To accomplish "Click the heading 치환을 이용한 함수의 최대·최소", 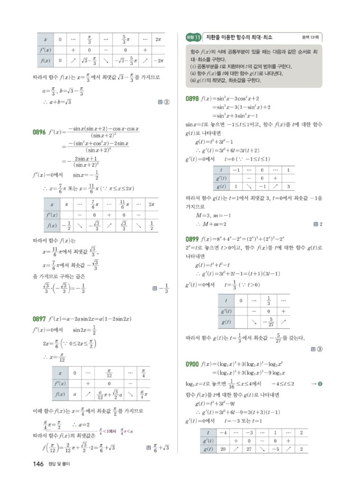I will [240, 37].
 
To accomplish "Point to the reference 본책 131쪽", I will [311, 37].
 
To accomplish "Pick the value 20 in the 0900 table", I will [223, 449].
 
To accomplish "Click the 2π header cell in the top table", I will [159, 39].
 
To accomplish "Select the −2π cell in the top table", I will [159, 61].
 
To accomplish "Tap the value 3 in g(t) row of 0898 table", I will [288, 186].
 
